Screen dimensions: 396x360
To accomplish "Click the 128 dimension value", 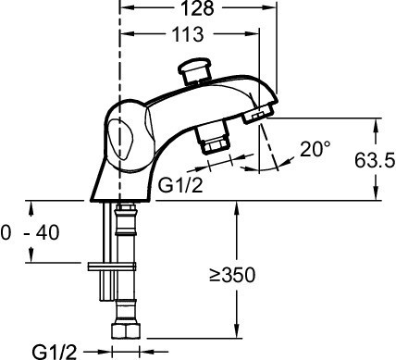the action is tap(197, 8).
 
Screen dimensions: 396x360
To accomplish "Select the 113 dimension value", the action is tap(188, 34).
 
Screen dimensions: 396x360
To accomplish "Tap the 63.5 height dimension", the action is tap(375, 160).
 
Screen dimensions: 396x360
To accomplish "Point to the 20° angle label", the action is tap(315, 149).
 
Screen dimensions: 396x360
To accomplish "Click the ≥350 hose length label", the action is tap(232, 275).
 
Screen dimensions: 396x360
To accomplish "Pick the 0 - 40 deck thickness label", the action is tap(30, 232).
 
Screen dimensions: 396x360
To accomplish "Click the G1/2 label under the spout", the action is tap(180, 185).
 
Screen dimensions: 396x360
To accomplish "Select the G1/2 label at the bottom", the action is tap(55, 352).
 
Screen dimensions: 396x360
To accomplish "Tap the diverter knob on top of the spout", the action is tap(195, 71).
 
